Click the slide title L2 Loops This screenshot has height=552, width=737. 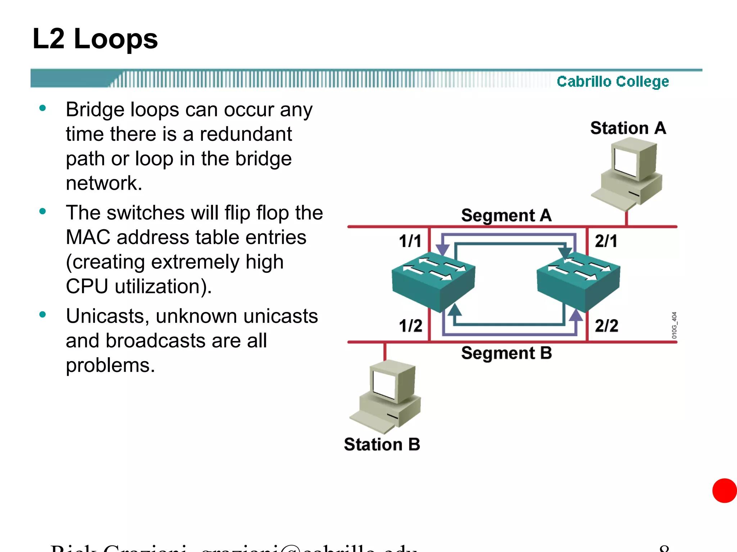point(95,39)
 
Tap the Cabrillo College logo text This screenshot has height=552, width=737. point(612,82)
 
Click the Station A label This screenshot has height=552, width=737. point(628,128)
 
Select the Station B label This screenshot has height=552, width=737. point(382,444)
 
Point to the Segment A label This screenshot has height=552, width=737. point(506,215)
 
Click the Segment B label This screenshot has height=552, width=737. point(506,353)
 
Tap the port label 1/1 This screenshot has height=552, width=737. point(410,241)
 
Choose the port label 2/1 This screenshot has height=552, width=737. point(606,241)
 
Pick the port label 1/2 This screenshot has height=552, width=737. point(410,326)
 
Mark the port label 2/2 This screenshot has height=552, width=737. point(606,326)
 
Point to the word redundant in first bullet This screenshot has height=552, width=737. point(246,134)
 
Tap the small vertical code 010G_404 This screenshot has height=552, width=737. point(674,325)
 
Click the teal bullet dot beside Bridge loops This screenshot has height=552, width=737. point(43,108)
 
